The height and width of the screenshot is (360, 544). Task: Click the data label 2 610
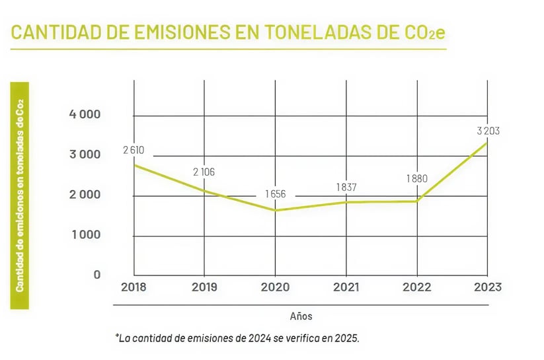134,150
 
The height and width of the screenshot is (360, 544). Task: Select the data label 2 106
204,172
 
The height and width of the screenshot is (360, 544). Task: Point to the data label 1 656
274,195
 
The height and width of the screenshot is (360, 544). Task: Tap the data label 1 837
346,187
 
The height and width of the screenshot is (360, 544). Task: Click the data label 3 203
488,131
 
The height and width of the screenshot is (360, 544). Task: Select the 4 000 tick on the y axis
85,114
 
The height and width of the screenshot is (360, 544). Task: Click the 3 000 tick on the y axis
85,155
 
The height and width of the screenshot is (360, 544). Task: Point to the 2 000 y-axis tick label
85,195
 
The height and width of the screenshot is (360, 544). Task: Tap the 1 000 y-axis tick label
85,234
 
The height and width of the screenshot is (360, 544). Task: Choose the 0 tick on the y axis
97,274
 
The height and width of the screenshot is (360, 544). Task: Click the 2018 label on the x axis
134,287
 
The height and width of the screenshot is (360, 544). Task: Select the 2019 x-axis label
204,287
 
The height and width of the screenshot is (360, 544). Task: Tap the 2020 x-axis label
275,287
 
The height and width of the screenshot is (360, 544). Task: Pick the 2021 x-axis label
346,287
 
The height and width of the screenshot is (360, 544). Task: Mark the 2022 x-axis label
416,287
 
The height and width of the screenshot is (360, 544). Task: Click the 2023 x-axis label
487,287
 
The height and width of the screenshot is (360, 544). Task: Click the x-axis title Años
301,316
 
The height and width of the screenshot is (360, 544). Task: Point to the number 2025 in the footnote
346,338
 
